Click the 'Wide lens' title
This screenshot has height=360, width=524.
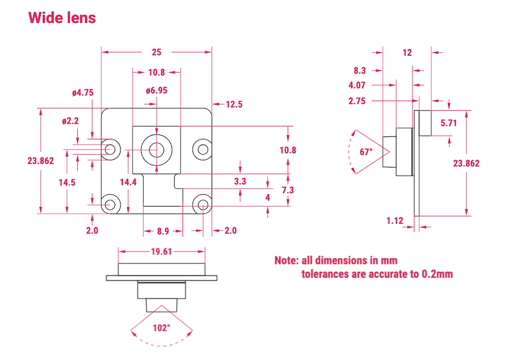[62, 17]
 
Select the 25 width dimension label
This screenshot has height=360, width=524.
[157, 52]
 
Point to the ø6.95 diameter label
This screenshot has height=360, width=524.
[157, 91]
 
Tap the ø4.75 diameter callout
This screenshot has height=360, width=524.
[82, 93]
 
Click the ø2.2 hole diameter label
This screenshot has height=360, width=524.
[71, 121]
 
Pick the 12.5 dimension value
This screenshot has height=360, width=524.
[233, 104]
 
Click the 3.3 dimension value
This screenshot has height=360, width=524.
[240, 182]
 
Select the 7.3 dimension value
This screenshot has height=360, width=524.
[288, 190]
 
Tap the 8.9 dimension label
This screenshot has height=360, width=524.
[163, 231]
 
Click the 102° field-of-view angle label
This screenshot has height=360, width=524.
[161, 328]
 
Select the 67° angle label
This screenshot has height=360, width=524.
[366, 152]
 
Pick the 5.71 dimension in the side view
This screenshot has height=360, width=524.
[448, 123]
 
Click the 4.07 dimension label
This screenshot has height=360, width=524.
[357, 85]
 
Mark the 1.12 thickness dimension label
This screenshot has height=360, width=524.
[395, 221]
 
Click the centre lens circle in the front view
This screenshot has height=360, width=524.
[157, 149]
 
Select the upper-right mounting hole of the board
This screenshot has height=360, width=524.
[203, 149]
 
